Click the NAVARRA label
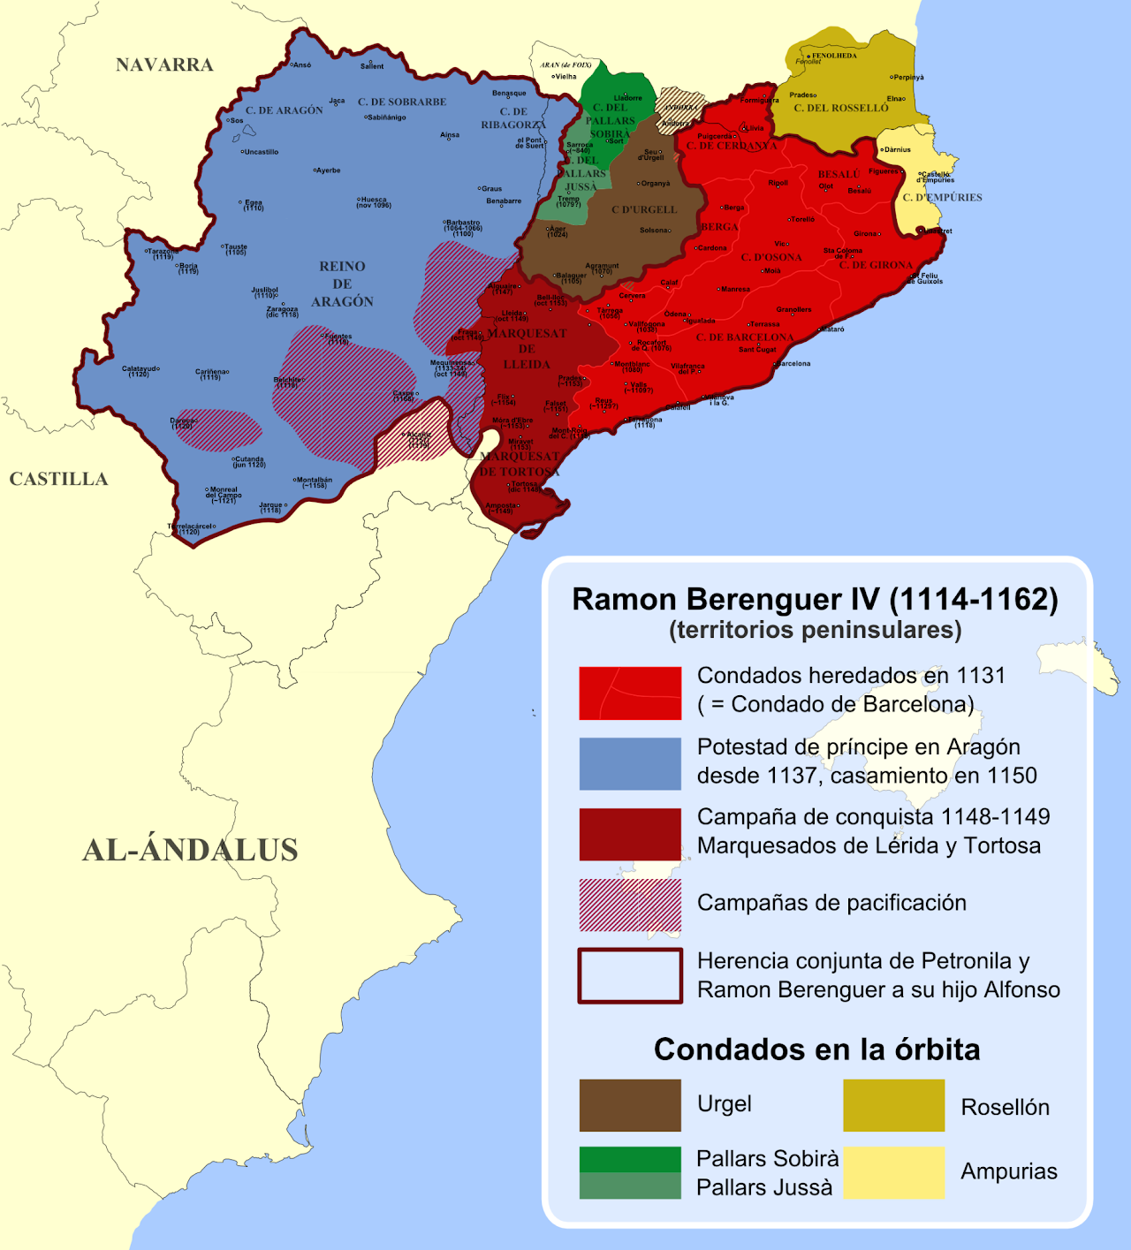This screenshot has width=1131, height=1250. (x=164, y=64)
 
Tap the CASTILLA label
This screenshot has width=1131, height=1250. (x=58, y=479)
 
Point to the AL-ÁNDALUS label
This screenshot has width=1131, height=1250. (x=190, y=850)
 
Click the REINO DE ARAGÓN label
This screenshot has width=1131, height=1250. (x=342, y=284)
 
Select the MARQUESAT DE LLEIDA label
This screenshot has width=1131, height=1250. (x=527, y=349)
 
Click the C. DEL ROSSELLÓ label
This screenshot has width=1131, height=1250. (x=840, y=108)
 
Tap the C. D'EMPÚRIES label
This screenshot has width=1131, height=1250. (x=942, y=198)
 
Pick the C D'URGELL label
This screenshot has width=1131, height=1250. (x=644, y=210)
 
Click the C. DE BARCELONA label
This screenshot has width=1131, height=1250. (x=744, y=337)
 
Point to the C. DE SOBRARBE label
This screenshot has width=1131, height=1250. (x=402, y=102)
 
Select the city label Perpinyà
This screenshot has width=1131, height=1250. (x=907, y=77)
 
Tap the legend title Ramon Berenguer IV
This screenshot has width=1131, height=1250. (x=815, y=599)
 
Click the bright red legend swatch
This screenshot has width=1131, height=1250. (x=630, y=693)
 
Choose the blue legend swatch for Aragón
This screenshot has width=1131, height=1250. (x=630, y=763)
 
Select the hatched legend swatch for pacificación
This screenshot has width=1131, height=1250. (x=630, y=905)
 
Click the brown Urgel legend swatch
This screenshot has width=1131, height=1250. (x=630, y=1105)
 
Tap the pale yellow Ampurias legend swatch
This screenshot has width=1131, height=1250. (x=893, y=1172)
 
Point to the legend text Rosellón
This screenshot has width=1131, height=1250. (x=1005, y=1107)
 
